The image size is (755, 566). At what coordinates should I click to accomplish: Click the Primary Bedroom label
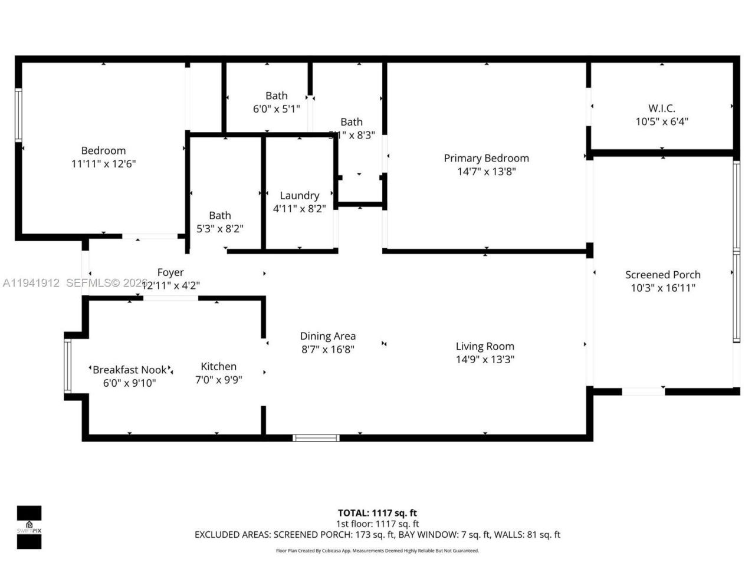click(486, 158)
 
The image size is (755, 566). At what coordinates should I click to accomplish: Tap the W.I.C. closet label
click(662, 108)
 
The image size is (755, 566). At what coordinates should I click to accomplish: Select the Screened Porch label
click(663, 275)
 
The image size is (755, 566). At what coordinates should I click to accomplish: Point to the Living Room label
click(485, 347)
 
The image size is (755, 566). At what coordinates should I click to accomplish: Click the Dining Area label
click(328, 336)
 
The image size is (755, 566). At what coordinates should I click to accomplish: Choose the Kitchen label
click(218, 367)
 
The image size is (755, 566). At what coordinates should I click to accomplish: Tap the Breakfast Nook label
click(130, 370)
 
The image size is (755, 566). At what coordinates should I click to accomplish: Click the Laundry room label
click(300, 196)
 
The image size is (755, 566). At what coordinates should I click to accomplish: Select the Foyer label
click(170, 272)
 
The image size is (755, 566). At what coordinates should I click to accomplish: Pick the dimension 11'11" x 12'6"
click(104, 164)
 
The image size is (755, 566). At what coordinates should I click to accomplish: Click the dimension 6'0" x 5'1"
click(277, 109)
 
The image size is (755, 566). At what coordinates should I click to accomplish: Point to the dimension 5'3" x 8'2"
click(220, 229)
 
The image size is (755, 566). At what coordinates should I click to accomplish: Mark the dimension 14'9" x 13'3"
click(485, 360)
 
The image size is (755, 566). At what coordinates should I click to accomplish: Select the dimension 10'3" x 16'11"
click(663, 288)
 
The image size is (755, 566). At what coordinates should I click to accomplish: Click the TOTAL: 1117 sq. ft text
click(377, 513)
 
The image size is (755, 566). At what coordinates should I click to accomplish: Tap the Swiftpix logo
click(29, 527)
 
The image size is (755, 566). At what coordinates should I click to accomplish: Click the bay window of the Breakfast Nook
click(67, 366)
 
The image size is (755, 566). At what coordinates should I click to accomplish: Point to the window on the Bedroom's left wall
click(18, 115)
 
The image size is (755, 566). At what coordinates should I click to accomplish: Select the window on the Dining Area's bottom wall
click(317, 437)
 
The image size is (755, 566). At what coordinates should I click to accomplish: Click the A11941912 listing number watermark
click(31, 283)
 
